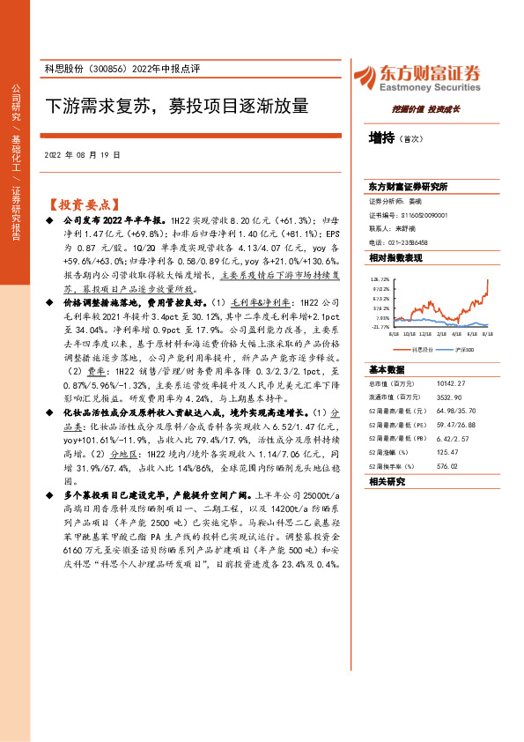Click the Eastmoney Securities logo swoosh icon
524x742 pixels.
(366, 78)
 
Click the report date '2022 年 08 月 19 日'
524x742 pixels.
(81, 154)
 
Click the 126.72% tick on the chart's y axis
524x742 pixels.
(380, 278)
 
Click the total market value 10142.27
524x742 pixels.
(449, 382)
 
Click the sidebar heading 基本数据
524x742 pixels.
(386, 368)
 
